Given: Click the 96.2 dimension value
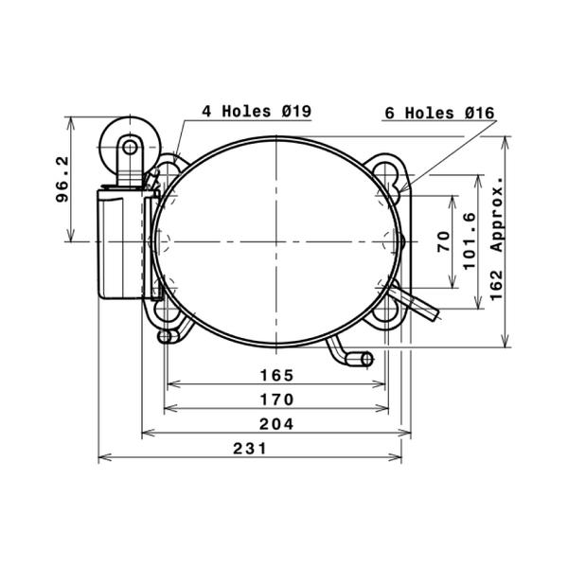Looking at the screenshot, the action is pos(62,179).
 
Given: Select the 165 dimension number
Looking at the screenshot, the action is pos(276,375).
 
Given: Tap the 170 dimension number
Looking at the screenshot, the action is pos(276,399).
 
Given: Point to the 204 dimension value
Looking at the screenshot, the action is pos(276,424).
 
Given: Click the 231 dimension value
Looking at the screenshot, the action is pos(250,449).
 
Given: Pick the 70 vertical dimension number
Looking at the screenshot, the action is pos(444,241).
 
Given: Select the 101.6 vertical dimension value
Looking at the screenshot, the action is pos(470,241).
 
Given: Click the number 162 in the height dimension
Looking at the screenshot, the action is pos(497,285).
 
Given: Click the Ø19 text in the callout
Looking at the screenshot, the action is pos(296,111).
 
